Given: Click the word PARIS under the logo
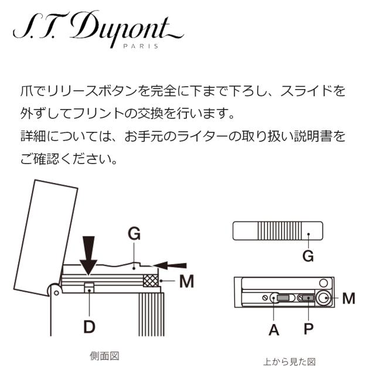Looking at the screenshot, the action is coord(141,46).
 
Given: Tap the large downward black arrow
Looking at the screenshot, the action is coord(88,255).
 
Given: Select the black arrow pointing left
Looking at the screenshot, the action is coord(169,265).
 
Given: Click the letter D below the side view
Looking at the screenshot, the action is coord(89,326).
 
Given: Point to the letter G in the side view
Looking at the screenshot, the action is coord(134,234).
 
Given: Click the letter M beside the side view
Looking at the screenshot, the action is coord(186,281).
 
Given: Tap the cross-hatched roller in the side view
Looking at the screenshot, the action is coord(151,281).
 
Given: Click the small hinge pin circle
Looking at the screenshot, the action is coord(57,293).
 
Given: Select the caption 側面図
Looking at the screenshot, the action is coord(104,356).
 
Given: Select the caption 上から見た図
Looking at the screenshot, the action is coord(289,362).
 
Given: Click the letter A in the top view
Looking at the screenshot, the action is coord(274,330).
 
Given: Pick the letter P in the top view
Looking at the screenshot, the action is coord(309,329).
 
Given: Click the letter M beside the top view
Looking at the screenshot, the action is coord(349,298).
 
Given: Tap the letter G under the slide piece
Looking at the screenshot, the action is coord(308,256).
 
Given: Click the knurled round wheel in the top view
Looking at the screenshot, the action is coord(324,298).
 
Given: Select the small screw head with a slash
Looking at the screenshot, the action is coord(265,298).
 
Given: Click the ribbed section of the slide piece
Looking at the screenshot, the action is coord(279,231).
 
